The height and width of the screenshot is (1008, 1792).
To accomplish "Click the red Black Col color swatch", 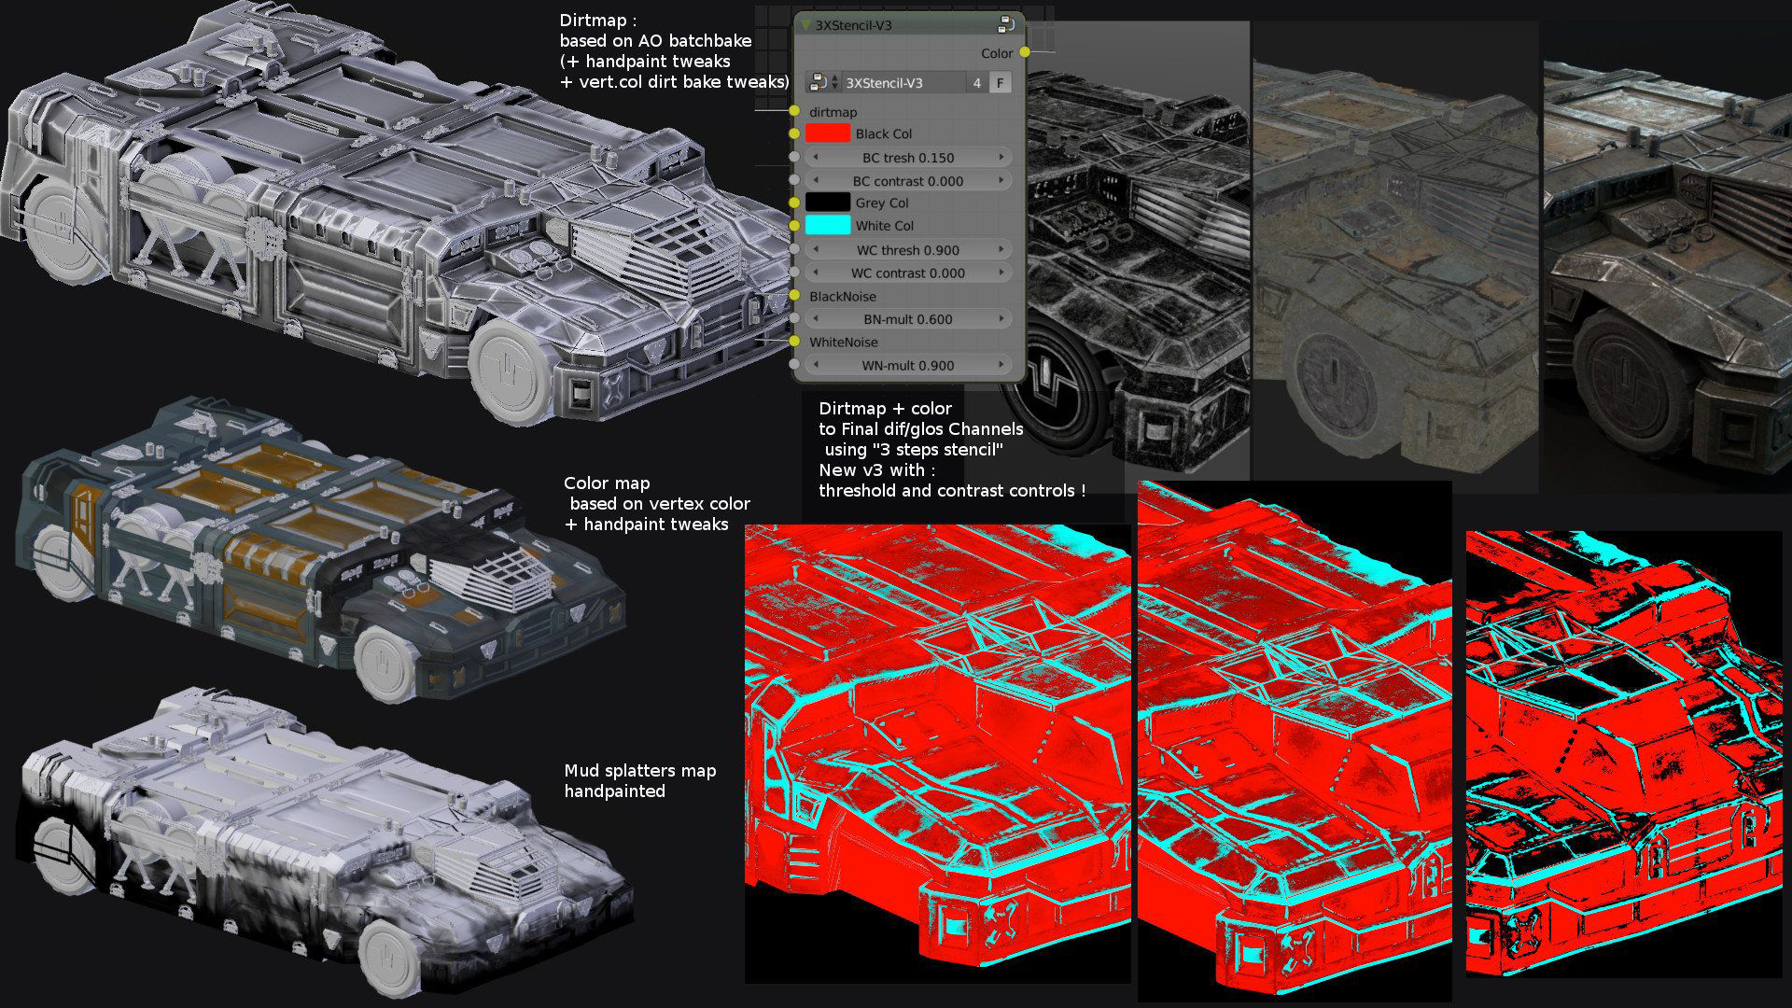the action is coord(828,133).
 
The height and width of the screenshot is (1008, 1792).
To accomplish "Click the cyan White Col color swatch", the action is coord(828,225).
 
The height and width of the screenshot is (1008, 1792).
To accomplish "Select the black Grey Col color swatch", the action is coord(828,203).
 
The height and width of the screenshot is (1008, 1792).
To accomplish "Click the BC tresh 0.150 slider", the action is coord(908,157).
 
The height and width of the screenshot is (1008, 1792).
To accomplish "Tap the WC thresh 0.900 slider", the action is coord(908,249).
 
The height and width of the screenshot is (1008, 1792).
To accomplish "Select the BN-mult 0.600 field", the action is coord(908,318).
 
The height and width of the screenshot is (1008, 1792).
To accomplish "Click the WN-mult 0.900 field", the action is coord(908,365).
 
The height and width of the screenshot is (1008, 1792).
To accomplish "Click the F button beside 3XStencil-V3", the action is coord(1000,82).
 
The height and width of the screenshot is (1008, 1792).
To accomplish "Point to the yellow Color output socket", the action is coord(1025,52).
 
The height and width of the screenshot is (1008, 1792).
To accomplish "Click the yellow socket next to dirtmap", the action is coord(794,111).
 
